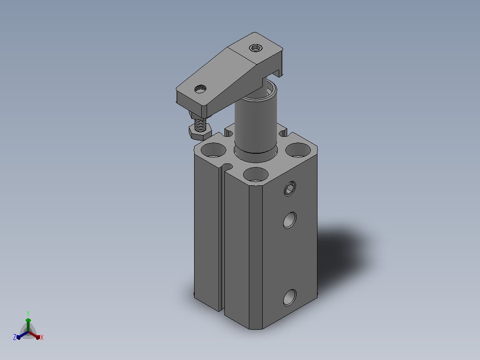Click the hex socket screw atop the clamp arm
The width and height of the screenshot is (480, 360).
(x=256, y=48)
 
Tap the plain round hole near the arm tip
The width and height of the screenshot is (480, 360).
(x=200, y=89)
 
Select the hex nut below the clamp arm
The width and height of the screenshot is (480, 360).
(x=200, y=132)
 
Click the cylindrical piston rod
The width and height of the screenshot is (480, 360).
(x=256, y=123)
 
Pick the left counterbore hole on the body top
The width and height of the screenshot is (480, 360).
(x=213, y=150)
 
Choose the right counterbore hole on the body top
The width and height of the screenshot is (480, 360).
(x=298, y=150)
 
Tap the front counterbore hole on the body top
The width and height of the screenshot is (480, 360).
(x=256, y=174)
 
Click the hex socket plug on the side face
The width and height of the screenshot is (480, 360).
(x=289, y=188)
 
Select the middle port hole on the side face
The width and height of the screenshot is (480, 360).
(x=289, y=220)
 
